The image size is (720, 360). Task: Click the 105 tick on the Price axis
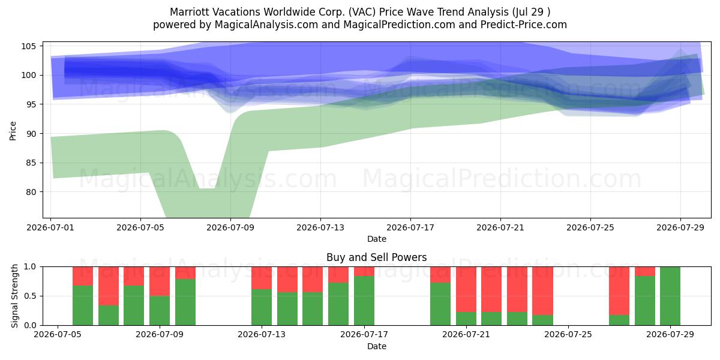pyautogui.click(x=28, y=46)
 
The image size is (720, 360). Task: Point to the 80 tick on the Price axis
pyautogui.click(x=31, y=192)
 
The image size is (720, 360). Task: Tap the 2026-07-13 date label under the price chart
pyautogui.click(x=320, y=227)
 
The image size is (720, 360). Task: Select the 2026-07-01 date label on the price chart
pyautogui.click(x=50, y=227)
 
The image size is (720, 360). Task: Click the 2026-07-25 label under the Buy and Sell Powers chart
pyautogui.click(x=568, y=335)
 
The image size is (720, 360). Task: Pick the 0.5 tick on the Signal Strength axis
pyautogui.click(x=30, y=296)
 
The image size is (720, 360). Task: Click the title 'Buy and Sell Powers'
pyautogui.click(x=376, y=257)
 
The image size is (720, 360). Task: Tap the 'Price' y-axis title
pyautogui.click(x=13, y=131)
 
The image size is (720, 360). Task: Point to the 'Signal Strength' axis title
pyautogui.click(x=14, y=296)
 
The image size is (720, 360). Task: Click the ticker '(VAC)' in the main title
pyautogui.click(x=362, y=12)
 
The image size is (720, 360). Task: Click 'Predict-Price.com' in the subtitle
pyautogui.click(x=524, y=25)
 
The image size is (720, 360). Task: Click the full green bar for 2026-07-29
pyautogui.click(x=670, y=296)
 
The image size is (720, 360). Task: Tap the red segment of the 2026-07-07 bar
pyautogui.click(x=109, y=286)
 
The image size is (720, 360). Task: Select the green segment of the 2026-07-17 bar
pyautogui.click(x=364, y=301)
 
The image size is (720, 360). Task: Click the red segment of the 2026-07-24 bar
pyautogui.click(x=542, y=291)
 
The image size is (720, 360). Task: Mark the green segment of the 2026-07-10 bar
pyautogui.click(x=185, y=302)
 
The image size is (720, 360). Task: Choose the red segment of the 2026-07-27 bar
pyautogui.click(x=619, y=291)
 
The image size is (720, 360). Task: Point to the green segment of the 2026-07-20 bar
pyautogui.click(x=440, y=304)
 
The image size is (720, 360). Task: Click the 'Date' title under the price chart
pyautogui.click(x=377, y=239)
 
